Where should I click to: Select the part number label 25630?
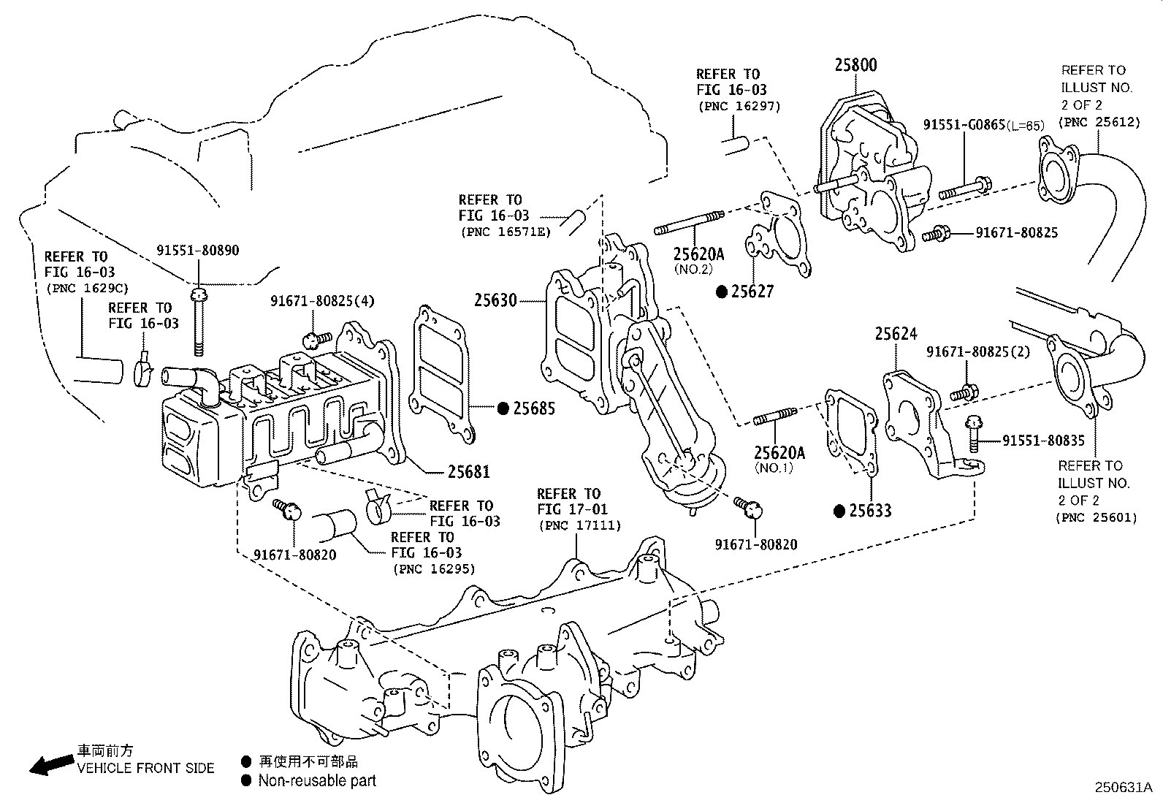coord(495,300)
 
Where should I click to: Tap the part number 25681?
coord(468,472)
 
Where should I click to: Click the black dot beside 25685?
coord(503,408)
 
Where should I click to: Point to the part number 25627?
coord(752,292)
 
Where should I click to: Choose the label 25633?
coord(870,511)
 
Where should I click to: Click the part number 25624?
coord(896,335)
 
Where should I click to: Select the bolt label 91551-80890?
coord(197,250)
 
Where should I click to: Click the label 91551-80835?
coord(1043,441)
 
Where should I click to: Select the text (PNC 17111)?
coord(579,525)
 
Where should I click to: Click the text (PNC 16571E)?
coord(505,232)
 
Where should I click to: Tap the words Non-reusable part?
coord(316,780)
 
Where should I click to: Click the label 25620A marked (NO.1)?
coord(779,453)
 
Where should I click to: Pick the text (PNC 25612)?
coord(1100,122)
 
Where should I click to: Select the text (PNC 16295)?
coord(433,568)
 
